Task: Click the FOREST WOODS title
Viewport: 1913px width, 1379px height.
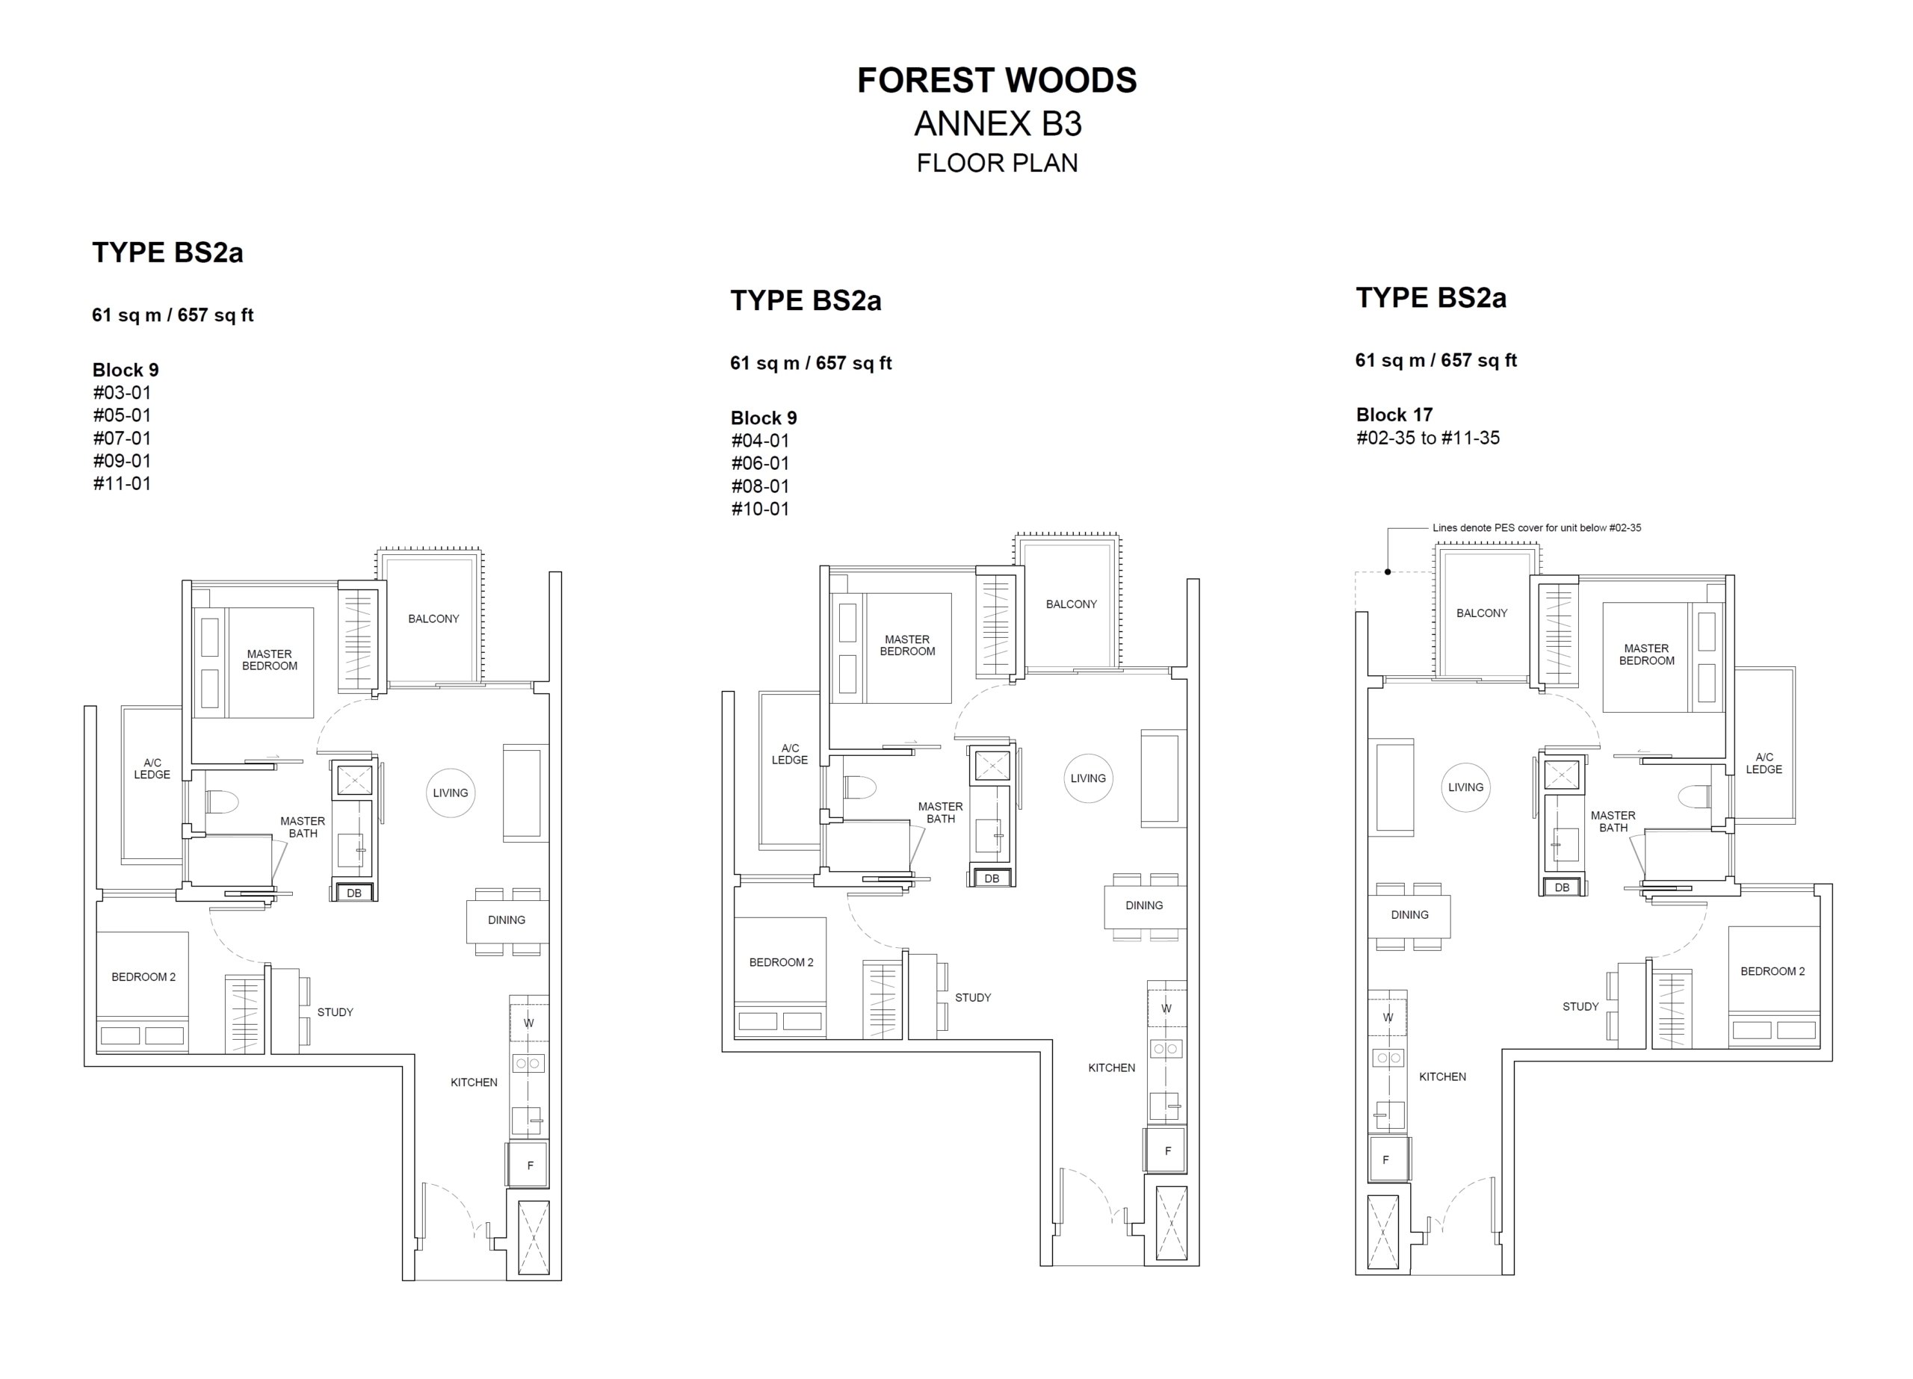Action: pyautogui.click(x=997, y=80)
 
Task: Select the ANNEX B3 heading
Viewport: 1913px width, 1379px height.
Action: pyautogui.click(x=998, y=124)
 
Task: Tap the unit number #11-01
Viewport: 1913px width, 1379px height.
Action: pyautogui.click(x=122, y=483)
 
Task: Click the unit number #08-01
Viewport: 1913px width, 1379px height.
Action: pyautogui.click(x=760, y=486)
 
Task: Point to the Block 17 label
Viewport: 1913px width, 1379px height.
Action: pyautogui.click(x=1394, y=415)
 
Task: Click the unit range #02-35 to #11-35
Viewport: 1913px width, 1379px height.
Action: pyautogui.click(x=1428, y=438)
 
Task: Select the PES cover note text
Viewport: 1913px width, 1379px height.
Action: pyautogui.click(x=1537, y=528)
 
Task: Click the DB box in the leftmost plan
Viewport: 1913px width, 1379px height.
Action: pyautogui.click(x=354, y=893)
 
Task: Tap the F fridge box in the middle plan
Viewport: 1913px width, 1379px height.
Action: pyautogui.click(x=1166, y=1150)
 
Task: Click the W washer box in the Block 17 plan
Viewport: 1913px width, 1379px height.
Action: pyautogui.click(x=1388, y=1017)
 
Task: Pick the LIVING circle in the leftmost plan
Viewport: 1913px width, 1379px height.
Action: pyautogui.click(x=451, y=793)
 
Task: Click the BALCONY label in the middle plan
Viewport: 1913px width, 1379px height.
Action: pyautogui.click(x=1072, y=604)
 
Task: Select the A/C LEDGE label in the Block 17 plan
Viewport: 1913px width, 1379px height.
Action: pyautogui.click(x=1764, y=763)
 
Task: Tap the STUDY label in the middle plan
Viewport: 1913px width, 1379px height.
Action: pyautogui.click(x=972, y=998)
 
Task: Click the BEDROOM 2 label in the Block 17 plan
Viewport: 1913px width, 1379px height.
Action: pyautogui.click(x=1772, y=972)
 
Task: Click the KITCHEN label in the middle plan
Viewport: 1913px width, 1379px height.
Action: pyautogui.click(x=1112, y=1067)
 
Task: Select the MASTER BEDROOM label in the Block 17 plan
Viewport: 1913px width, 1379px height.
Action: pyautogui.click(x=1646, y=654)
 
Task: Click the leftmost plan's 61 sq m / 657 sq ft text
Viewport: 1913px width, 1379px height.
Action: pyautogui.click(x=173, y=315)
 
